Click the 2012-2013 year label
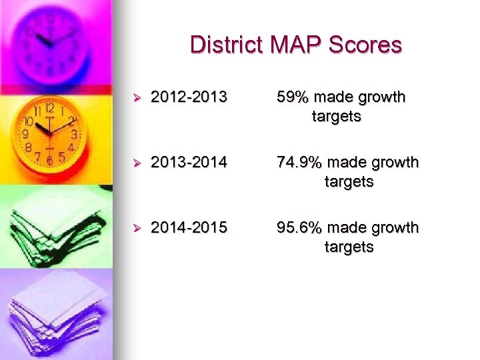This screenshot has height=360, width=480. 189,97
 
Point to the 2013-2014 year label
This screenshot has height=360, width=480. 189,162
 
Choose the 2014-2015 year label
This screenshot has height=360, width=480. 189,227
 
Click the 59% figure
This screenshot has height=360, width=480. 293,97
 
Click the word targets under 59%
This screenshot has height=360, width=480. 336,117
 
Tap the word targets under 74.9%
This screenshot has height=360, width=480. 349,181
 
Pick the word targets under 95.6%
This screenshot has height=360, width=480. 349,247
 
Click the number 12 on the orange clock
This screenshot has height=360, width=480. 49,107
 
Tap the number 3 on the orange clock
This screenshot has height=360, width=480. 75,134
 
